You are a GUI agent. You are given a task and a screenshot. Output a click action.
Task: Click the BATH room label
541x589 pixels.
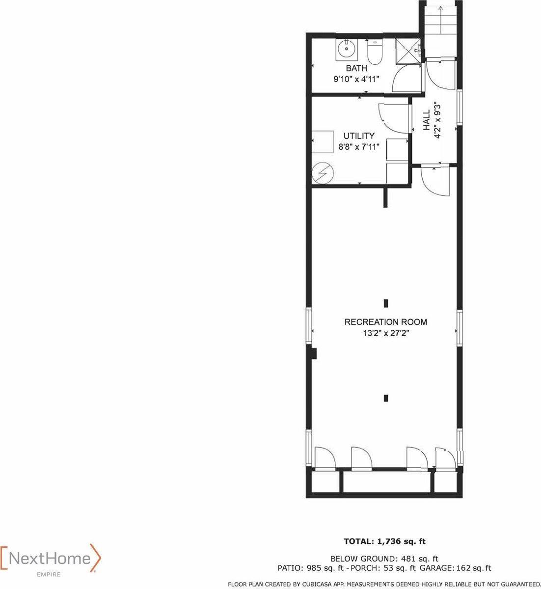coord(356,68)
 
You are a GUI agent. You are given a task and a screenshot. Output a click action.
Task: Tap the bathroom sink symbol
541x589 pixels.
coord(347,49)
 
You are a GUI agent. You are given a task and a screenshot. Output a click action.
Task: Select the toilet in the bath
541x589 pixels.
coord(374,53)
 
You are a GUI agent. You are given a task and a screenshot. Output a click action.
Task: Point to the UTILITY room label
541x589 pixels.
coord(358,135)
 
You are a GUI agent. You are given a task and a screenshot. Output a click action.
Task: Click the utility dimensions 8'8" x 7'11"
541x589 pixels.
coord(358,146)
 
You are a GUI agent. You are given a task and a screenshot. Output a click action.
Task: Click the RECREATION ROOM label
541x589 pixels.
coord(385,322)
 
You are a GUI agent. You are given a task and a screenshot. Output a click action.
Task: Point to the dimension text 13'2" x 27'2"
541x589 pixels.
coord(385,333)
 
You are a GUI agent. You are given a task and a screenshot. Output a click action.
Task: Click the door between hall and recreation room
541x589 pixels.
coord(435,182)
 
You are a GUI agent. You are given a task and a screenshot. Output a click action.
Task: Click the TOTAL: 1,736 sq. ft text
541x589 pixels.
coord(385,541)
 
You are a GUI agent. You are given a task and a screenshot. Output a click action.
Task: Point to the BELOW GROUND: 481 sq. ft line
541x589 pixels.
coord(384,558)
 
